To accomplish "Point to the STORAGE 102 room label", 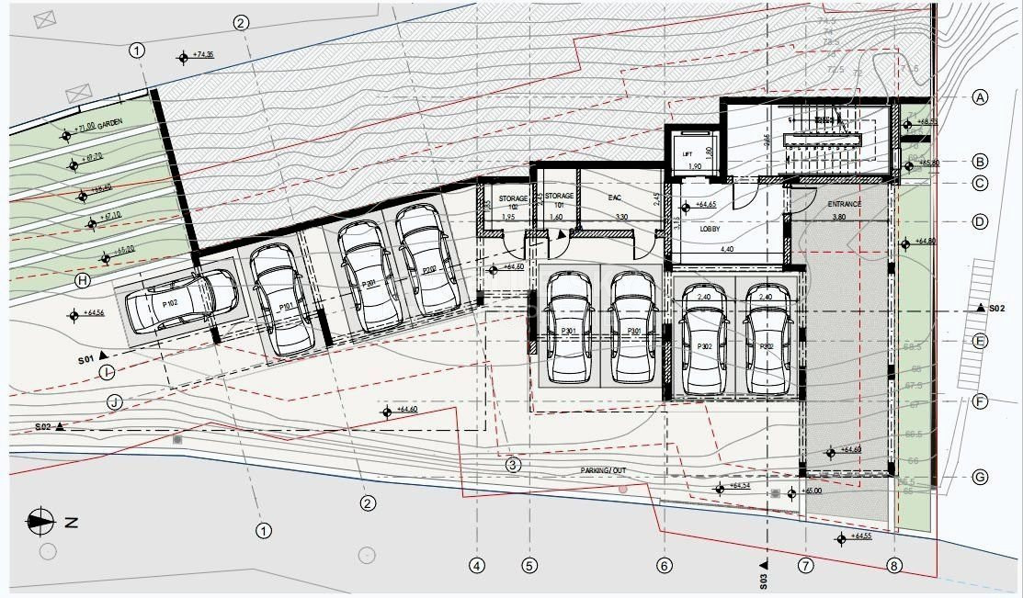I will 514,201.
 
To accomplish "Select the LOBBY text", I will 710,229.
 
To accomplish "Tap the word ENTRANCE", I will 844,204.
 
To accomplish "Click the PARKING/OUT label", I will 603,470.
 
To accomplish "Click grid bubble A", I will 980,97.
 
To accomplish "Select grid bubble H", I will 82,280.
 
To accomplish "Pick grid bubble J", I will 114,401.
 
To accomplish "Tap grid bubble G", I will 980,478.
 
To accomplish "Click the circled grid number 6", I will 665,566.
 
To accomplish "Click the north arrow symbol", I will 41,522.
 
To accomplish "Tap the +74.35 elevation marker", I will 183,57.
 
